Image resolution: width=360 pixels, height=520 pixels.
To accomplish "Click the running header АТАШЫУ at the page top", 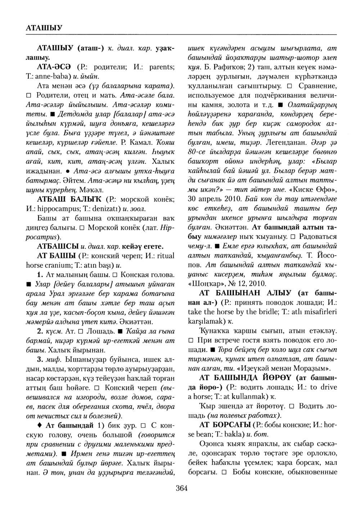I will (45, 27).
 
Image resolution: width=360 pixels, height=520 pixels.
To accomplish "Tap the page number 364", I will (181, 488).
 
